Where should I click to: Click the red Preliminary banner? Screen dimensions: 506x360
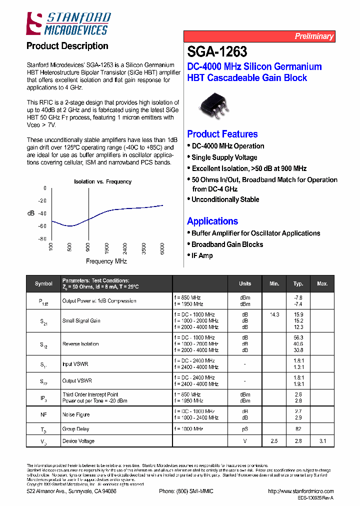[x=259, y=36]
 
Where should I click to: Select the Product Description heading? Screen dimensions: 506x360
[x=67, y=46]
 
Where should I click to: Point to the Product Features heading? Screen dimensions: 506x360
[x=222, y=134]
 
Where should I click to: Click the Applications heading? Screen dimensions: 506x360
[x=212, y=221]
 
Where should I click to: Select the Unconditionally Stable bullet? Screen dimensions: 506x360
[x=225, y=199]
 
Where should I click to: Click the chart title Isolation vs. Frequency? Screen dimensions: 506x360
[x=102, y=181]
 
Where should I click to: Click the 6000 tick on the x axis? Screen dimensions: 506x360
[x=162, y=248]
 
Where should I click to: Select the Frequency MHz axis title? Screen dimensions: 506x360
[x=106, y=261]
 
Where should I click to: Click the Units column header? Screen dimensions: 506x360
[x=245, y=283]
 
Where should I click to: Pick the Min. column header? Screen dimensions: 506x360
[x=274, y=283]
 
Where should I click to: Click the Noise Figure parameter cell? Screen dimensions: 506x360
[x=76, y=414]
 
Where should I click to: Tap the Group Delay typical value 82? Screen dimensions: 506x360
[x=298, y=429]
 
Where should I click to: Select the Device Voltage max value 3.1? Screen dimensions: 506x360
[x=322, y=441]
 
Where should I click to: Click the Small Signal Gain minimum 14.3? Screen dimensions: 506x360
[x=274, y=314]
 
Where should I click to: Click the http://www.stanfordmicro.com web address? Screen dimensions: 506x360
[x=300, y=491]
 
